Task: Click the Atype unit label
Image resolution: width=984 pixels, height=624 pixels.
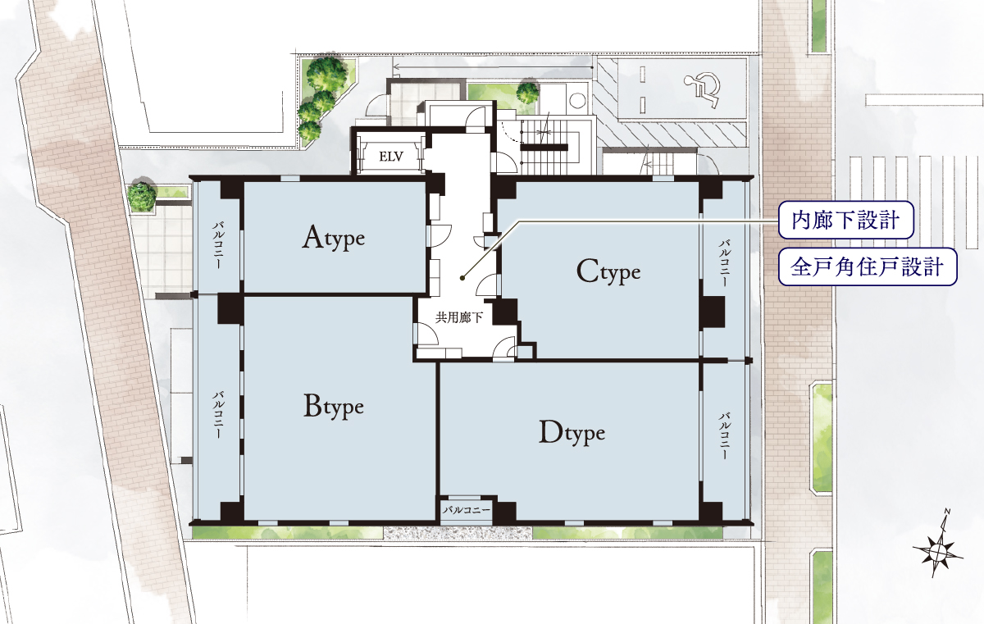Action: click(334, 238)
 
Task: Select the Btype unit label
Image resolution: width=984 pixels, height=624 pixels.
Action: click(334, 406)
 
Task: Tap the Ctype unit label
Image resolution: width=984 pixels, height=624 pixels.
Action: click(608, 271)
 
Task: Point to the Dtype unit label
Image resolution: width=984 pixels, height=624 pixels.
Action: click(572, 433)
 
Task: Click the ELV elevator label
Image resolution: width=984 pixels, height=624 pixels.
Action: click(391, 157)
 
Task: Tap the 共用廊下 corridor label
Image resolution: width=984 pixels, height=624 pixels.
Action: click(459, 317)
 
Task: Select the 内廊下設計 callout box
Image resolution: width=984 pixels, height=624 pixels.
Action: click(845, 220)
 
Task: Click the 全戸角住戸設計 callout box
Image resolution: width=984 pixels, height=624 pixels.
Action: click(868, 267)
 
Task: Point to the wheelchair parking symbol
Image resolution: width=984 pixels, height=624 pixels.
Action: click(702, 90)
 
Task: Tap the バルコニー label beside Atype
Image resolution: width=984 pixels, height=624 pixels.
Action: click(218, 245)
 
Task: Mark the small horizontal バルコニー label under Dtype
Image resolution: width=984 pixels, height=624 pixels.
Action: click(466, 510)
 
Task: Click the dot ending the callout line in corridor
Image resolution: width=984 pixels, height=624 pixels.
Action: click(462, 277)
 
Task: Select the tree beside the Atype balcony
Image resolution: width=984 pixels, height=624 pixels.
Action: click(142, 194)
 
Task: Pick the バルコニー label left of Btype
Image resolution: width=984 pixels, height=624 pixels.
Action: click(218, 415)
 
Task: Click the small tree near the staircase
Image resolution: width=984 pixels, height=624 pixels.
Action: click(527, 92)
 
